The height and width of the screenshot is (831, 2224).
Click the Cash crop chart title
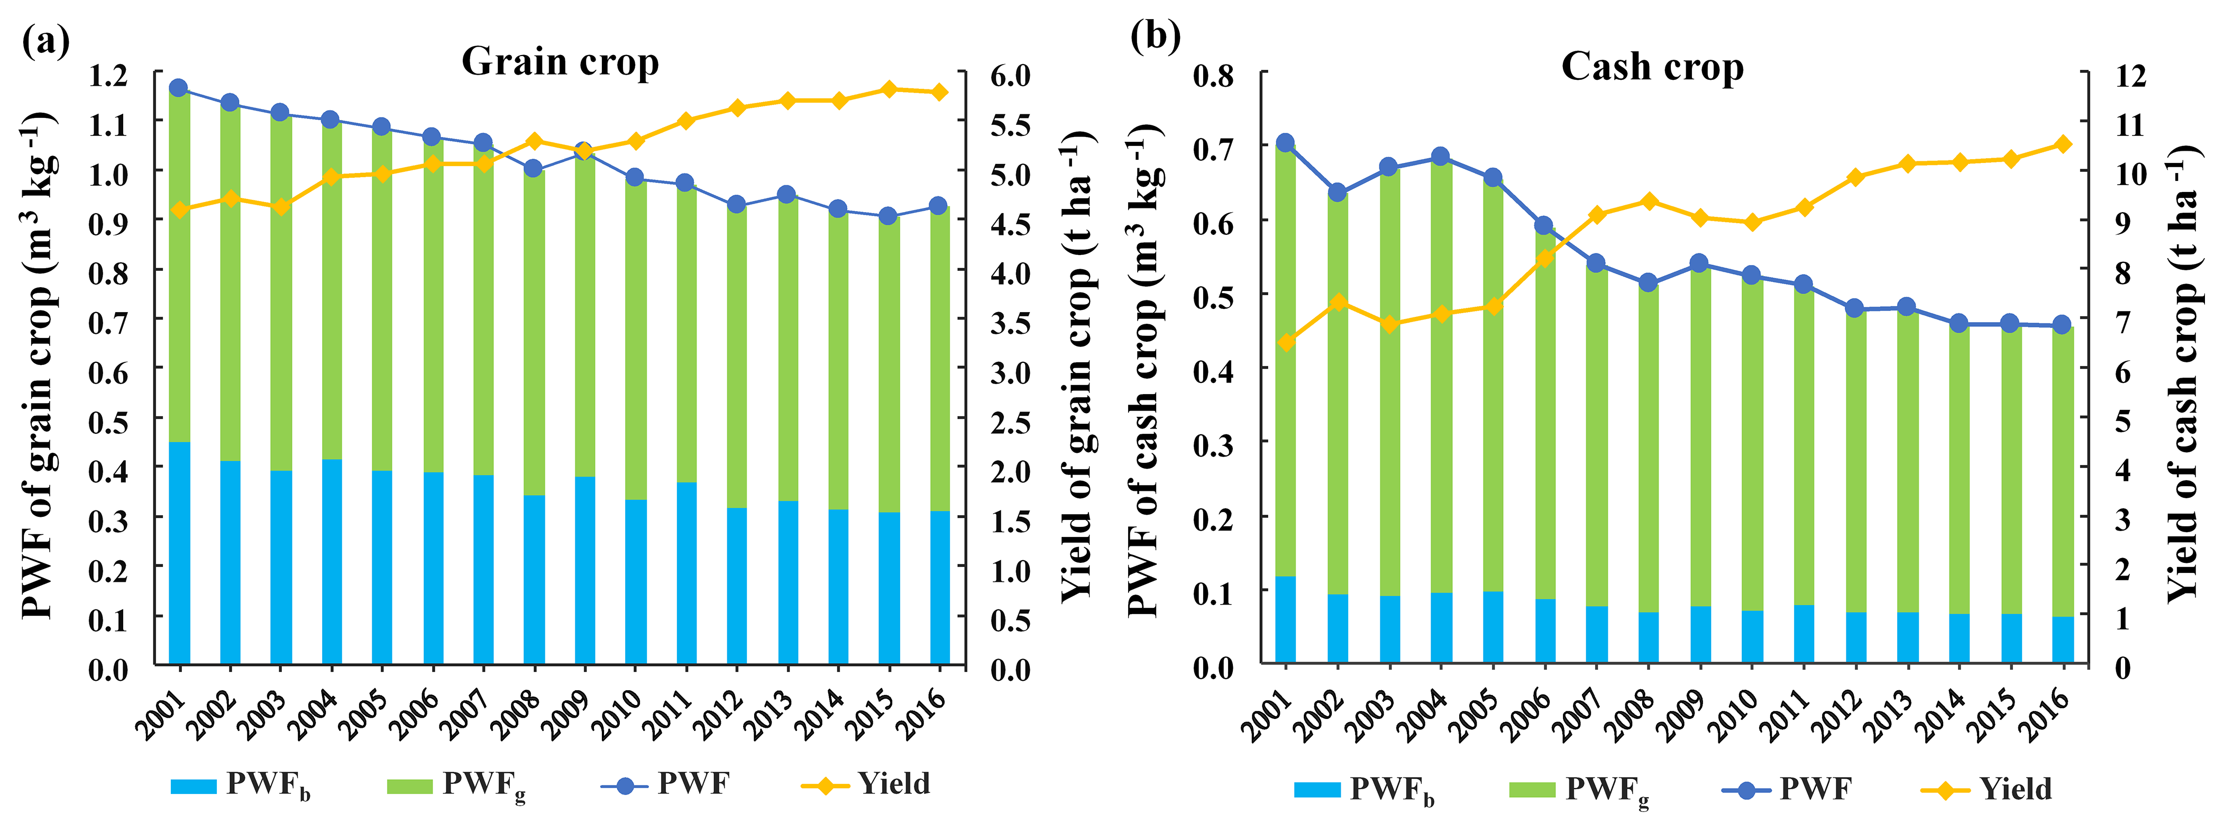coord(1652,67)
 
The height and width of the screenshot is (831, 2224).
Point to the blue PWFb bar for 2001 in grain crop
coord(180,553)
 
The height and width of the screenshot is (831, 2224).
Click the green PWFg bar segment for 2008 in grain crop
coord(534,333)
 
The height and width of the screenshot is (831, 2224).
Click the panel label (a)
coord(45,39)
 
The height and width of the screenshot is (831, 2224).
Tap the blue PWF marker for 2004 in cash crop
coord(1440,157)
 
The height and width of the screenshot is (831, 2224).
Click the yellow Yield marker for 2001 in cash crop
coord(1286,343)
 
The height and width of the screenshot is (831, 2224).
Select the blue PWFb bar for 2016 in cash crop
coord(2063,640)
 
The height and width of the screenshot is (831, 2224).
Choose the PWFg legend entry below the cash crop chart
coord(1579,790)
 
